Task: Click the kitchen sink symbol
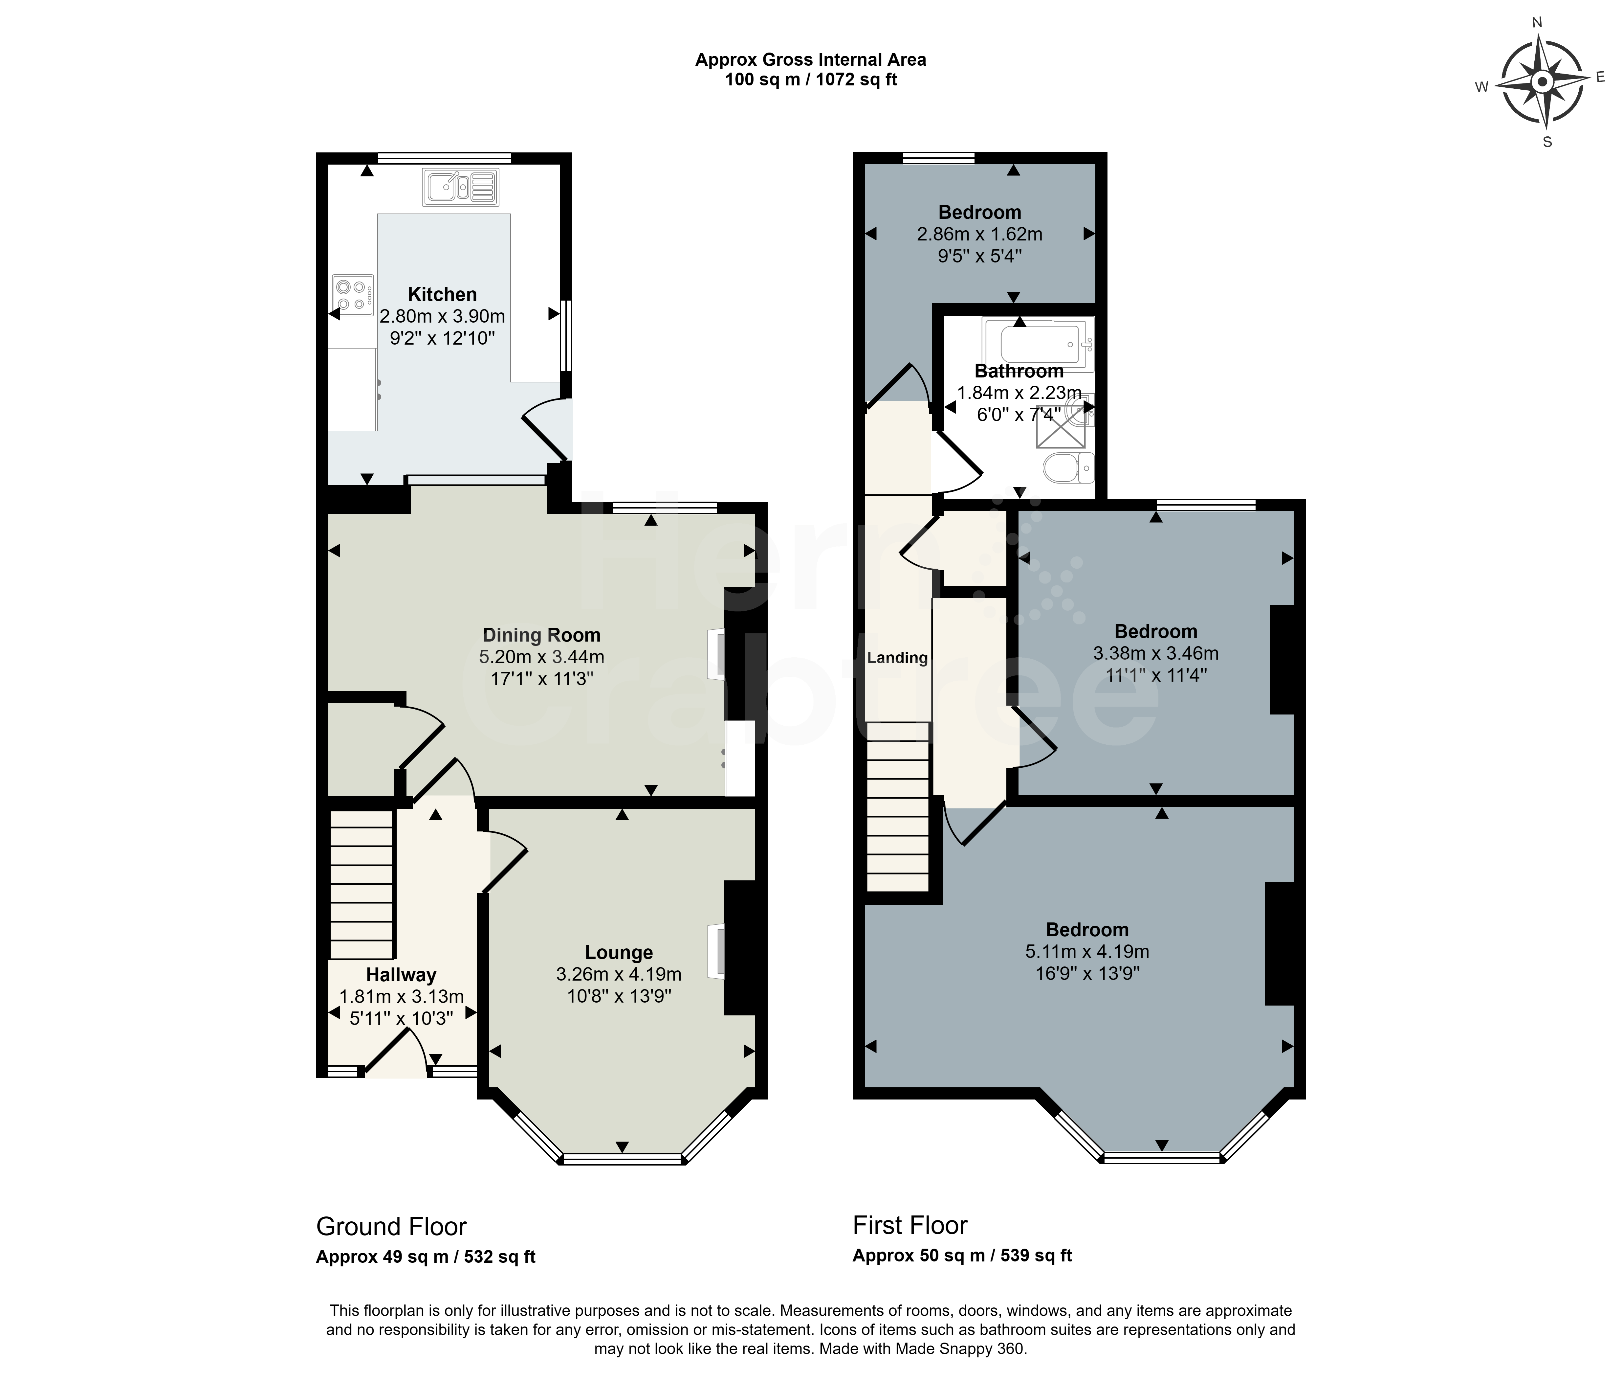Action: click(x=460, y=186)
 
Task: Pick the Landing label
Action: click(x=897, y=658)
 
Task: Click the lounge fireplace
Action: click(x=716, y=951)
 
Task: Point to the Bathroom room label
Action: click(x=1019, y=371)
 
